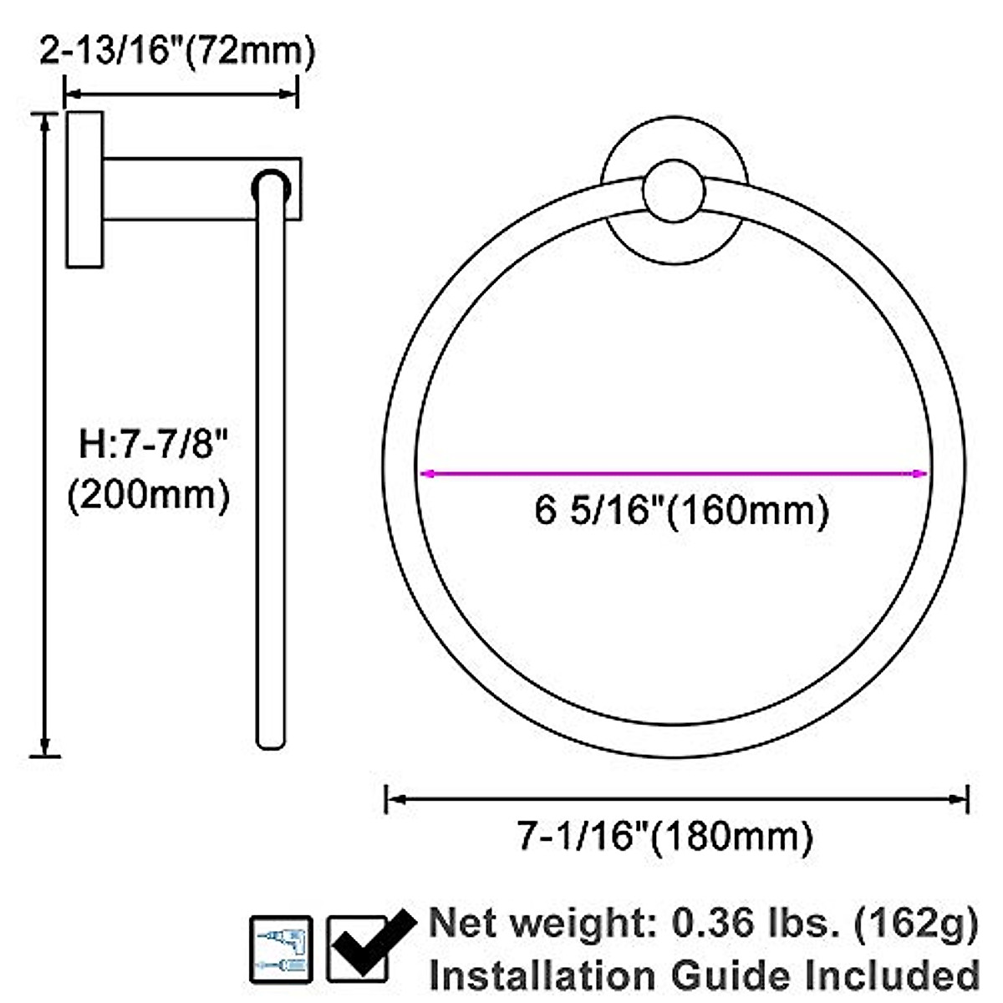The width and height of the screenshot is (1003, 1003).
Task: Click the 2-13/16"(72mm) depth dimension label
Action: click(x=177, y=52)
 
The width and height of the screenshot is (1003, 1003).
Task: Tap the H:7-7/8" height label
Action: click(x=153, y=444)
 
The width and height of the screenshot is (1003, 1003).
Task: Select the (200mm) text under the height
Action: click(x=148, y=496)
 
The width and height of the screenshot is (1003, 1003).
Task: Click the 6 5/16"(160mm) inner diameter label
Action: click(x=681, y=510)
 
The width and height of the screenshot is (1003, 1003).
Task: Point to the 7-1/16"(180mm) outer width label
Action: click(x=664, y=836)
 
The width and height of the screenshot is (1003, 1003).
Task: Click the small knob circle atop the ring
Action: click(x=675, y=191)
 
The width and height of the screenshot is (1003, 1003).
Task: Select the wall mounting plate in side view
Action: click(x=84, y=189)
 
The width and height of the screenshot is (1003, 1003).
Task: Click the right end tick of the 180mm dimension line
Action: click(x=967, y=799)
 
